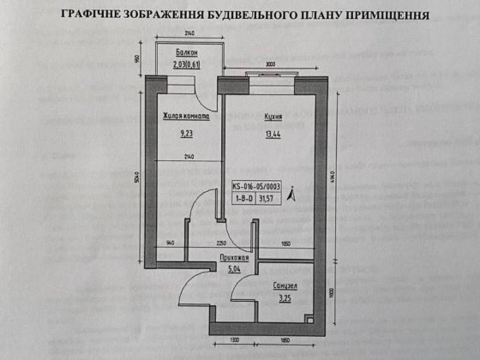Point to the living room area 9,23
coord(185,133)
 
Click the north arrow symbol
coord(292,193)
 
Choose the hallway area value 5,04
coord(233,268)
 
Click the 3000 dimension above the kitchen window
coord(269,64)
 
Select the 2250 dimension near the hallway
coord(220,243)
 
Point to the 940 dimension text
coord(171,243)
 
